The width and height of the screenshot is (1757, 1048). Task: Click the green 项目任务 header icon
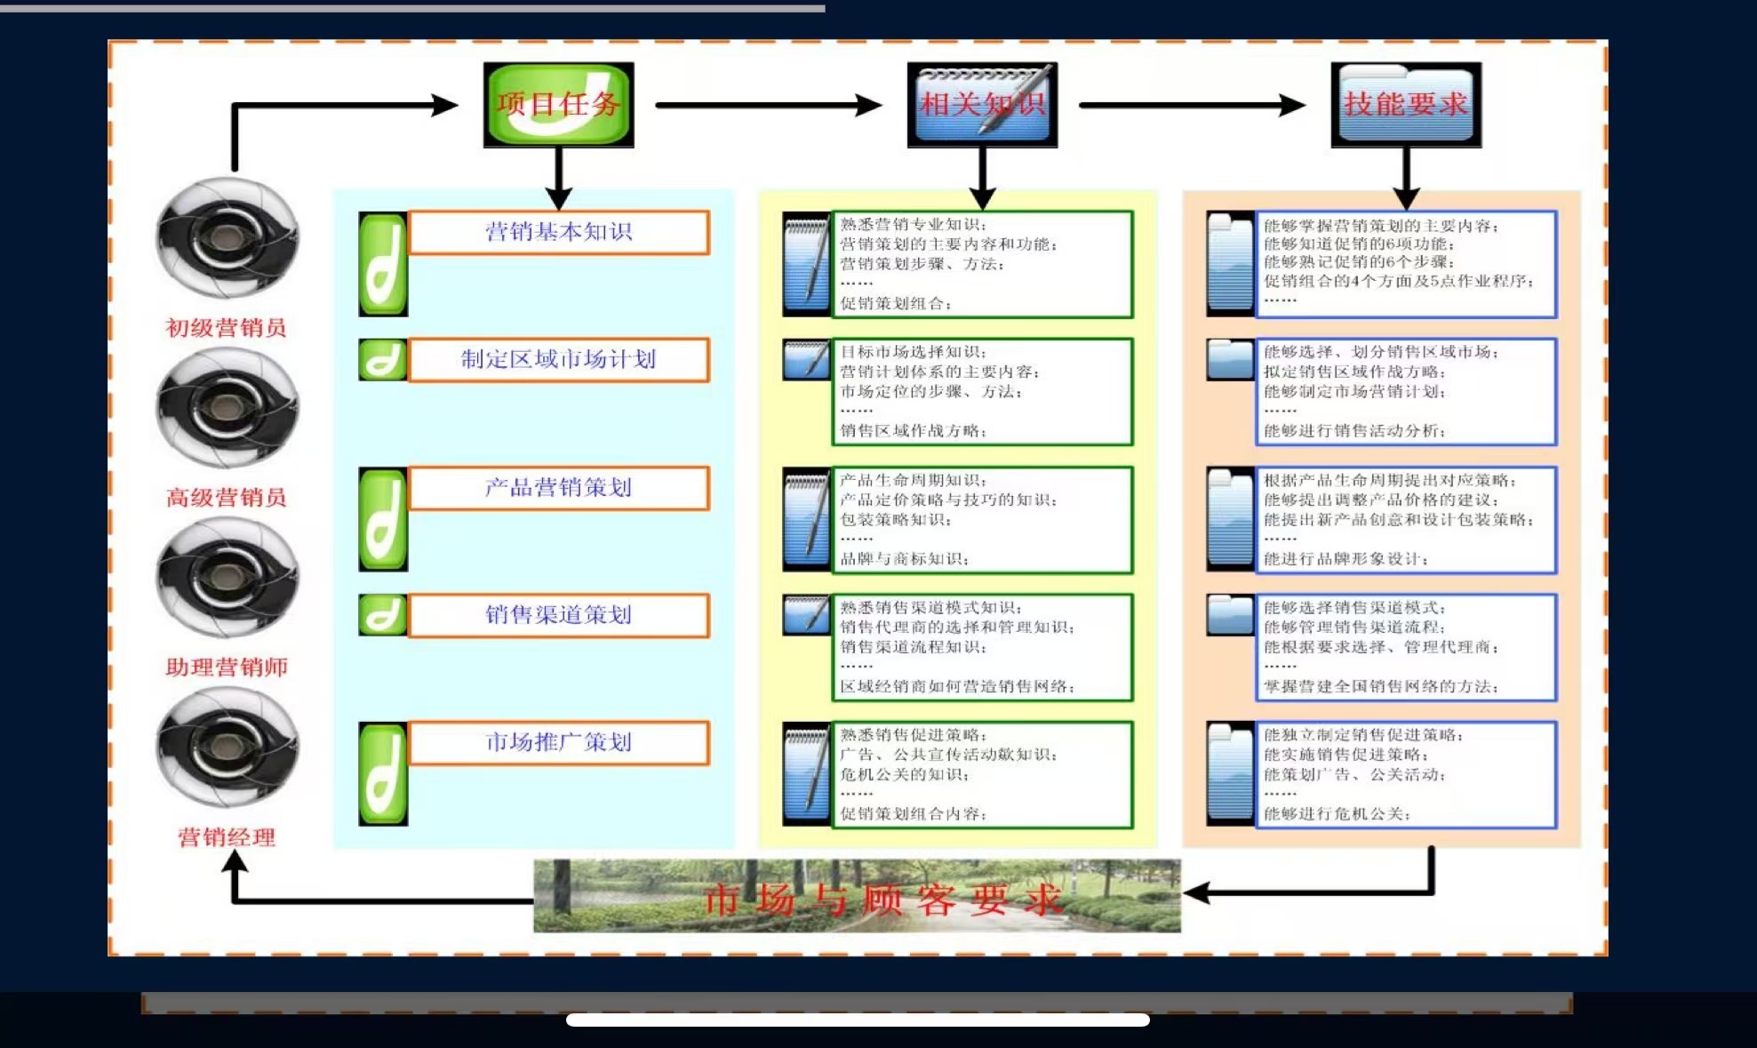(558, 104)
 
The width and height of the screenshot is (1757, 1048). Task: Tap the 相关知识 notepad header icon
(982, 104)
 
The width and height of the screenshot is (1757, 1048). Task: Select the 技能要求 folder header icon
(1406, 104)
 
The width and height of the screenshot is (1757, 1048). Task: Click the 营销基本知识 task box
(558, 232)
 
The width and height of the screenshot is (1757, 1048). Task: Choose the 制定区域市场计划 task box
(558, 359)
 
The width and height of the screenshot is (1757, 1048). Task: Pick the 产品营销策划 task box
(558, 487)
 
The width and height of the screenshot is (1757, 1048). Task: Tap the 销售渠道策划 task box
(558, 615)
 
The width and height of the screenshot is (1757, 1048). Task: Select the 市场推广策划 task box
(558, 742)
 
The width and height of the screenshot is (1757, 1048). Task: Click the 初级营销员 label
(226, 328)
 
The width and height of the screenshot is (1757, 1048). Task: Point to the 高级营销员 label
(226, 498)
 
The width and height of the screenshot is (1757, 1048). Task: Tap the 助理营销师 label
(226, 668)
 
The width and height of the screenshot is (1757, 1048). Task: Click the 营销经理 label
(226, 837)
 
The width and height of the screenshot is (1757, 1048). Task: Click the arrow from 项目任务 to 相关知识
(768, 105)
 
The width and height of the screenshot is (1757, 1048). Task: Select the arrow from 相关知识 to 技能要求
(1191, 105)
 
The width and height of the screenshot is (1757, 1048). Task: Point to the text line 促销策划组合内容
(913, 813)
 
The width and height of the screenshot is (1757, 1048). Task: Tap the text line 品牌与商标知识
(904, 559)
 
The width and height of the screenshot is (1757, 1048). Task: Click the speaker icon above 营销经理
(227, 747)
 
